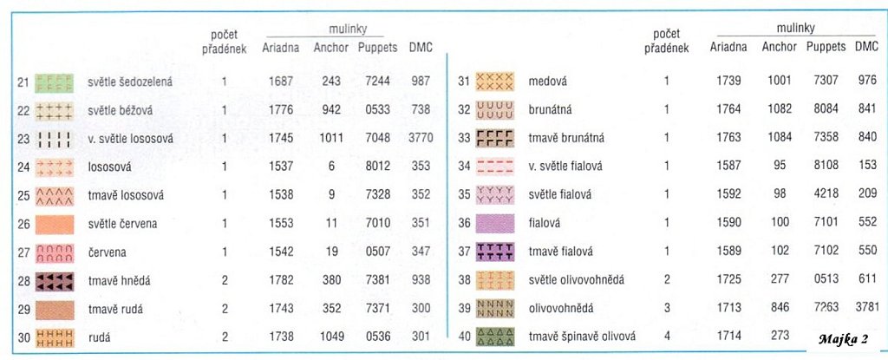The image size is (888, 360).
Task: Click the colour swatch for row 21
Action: pyautogui.click(x=55, y=82)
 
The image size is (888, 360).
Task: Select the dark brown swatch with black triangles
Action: pyautogui.click(x=55, y=281)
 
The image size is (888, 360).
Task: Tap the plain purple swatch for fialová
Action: pyautogui.click(x=494, y=223)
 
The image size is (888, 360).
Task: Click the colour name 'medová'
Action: pyautogui.click(x=547, y=81)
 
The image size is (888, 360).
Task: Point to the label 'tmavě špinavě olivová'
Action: pyautogui.click(x=582, y=337)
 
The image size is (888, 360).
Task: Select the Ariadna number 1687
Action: pyautogui.click(x=281, y=81)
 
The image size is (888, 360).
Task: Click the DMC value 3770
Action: pyautogui.click(x=421, y=138)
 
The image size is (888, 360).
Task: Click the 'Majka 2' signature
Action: pyautogui.click(x=843, y=339)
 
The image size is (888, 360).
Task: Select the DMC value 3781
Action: pyautogui.click(x=866, y=308)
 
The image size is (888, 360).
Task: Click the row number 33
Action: pyautogui.click(x=465, y=138)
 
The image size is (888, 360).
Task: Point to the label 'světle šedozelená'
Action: pyautogui.click(x=130, y=82)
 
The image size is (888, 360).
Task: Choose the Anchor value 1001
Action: pyautogui.click(x=780, y=81)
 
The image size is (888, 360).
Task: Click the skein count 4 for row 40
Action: pyautogui.click(x=667, y=337)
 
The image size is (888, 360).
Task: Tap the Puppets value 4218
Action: pyautogui.click(x=826, y=194)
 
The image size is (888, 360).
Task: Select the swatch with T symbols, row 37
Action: pyautogui.click(x=494, y=252)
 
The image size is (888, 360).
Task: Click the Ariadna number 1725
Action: pyautogui.click(x=728, y=279)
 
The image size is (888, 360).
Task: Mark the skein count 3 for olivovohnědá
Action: pyautogui.click(x=667, y=308)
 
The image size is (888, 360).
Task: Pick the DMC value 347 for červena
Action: pyautogui.click(x=421, y=252)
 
